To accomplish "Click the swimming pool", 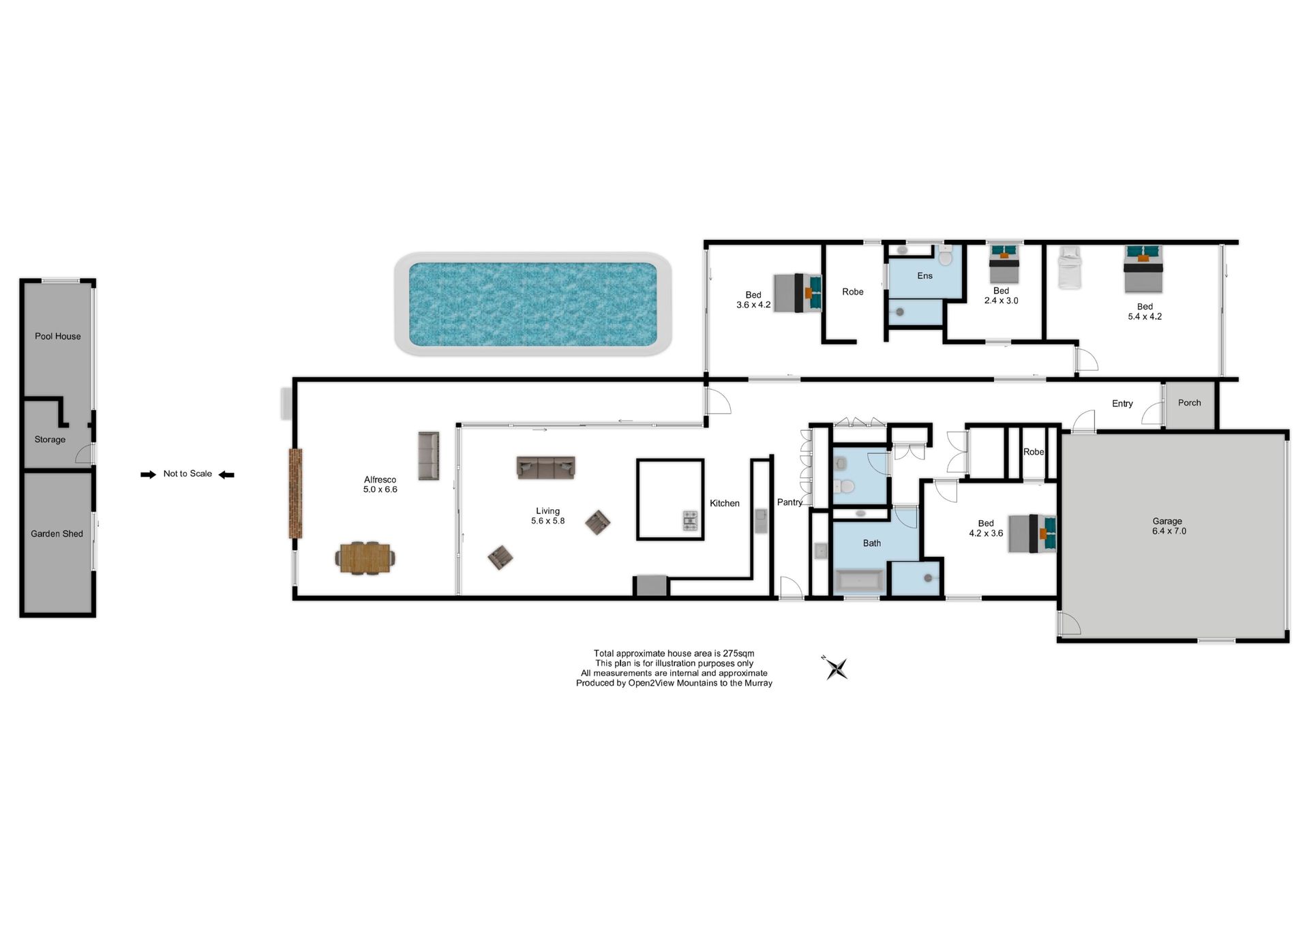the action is point(532,304).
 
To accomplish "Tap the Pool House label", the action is point(58,336).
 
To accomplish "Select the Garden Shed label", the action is point(57,534).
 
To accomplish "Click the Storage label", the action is point(50,440).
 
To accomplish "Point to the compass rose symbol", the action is point(836,668).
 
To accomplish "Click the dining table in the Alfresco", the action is point(365,558).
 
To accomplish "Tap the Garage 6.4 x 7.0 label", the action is point(1169,526).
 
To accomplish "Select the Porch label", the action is point(1189,403).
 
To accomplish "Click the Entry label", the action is point(1122,404).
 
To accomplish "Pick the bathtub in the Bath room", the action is point(860,581).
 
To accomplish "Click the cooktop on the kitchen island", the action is point(690,520).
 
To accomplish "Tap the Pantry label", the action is point(789,502).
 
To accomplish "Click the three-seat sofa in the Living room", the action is point(545,467).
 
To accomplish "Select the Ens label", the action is point(924,276).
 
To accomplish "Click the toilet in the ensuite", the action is point(945,256).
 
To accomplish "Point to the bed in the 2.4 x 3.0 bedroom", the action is point(1004,264).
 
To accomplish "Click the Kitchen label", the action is point(724,503).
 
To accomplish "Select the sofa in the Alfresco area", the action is point(428,455).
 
